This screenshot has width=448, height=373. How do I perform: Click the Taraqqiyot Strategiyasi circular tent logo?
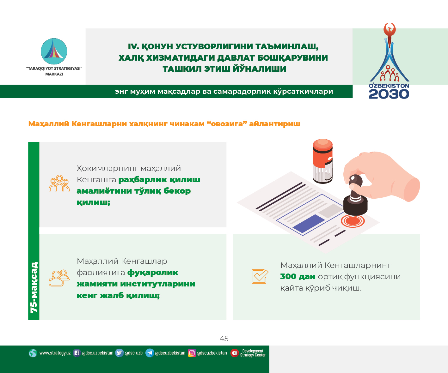[x=54, y=51]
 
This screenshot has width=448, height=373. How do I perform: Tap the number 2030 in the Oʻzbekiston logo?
[x=389, y=94]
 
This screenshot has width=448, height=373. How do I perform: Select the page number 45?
[x=224, y=339]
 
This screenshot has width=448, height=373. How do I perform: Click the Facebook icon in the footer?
[x=77, y=353]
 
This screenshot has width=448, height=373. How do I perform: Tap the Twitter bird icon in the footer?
[x=119, y=353]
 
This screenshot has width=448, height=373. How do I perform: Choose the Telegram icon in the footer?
[x=150, y=353]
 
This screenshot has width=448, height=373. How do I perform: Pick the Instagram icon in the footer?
[x=192, y=353]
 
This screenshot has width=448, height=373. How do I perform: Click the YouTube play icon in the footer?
[x=235, y=353]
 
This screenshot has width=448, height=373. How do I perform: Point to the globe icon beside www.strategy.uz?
[x=33, y=353]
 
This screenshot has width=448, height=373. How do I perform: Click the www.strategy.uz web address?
[x=55, y=353]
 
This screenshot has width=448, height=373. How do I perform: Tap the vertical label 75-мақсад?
[x=34, y=287]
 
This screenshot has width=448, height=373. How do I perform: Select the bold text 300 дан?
[x=298, y=277]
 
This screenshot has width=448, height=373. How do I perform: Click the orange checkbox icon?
[x=260, y=277]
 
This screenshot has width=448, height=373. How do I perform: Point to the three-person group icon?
[x=59, y=183]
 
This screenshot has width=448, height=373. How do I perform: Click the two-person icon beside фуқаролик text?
[x=59, y=278]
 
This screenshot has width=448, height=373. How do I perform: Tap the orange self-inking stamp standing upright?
[x=323, y=161]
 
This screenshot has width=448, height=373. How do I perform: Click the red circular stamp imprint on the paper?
[x=353, y=221]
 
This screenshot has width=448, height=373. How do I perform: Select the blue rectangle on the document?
[x=309, y=223]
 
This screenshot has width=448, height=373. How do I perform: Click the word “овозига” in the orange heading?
[x=227, y=124]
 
